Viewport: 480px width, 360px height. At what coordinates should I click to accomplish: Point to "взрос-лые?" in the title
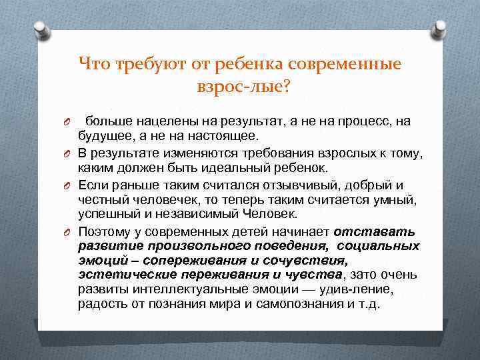(x=240, y=86)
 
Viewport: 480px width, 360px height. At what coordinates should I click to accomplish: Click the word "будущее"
(x=105, y=137)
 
